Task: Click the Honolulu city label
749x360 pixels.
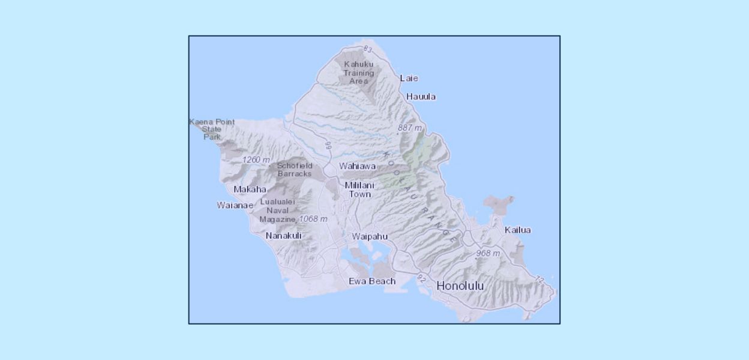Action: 460,286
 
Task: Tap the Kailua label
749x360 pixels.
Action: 517,230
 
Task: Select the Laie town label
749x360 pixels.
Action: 409,78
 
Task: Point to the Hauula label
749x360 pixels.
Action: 421,97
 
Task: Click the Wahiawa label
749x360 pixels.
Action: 357,166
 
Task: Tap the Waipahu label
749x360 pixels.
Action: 370,236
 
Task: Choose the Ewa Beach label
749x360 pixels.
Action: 372,281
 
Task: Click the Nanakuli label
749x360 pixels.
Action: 283,236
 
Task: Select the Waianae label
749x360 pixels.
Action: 235,205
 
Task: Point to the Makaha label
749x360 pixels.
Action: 250,190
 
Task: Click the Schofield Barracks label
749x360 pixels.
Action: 295,170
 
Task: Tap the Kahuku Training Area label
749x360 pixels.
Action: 358,73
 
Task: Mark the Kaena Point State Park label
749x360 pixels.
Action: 212,129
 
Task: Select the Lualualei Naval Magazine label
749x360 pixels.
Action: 277,211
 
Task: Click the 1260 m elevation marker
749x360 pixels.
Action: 256,160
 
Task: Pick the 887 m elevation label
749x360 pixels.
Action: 410,128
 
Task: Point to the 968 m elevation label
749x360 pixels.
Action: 488,253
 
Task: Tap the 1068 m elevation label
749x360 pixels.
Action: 313,219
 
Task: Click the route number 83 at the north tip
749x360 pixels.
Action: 368,49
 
